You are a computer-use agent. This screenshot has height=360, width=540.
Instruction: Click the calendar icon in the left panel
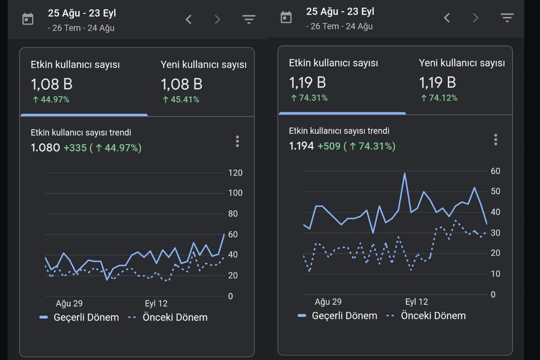[28, 19]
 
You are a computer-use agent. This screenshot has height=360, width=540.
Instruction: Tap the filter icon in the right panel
[507, 18]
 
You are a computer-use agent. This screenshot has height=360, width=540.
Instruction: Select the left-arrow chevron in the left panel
[189, 19]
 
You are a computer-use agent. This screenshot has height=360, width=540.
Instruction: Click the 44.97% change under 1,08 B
[51, 99]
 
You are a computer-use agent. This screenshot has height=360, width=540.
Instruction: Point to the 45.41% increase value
[181, 99]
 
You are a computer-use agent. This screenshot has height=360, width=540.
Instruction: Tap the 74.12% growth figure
[439, 98]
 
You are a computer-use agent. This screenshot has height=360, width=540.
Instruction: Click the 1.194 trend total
[301, 146]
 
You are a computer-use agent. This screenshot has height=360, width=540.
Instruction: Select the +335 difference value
[75, 148]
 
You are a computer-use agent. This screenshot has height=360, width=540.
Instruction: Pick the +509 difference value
[329, 146]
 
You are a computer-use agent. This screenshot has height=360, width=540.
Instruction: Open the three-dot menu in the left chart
[238, 141]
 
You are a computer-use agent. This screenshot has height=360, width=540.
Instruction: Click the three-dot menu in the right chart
[495, 139]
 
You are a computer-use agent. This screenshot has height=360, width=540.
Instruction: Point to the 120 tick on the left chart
[235, 173]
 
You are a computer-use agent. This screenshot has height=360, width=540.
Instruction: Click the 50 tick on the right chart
[495, 191]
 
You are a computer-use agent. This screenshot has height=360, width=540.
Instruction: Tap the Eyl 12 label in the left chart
[156, 303]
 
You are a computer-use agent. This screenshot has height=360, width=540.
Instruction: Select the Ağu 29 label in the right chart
[328, 301]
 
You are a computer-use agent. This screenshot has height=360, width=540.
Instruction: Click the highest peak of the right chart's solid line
[405, 173]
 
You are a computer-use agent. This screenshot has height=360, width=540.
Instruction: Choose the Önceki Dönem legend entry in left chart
[168, 317]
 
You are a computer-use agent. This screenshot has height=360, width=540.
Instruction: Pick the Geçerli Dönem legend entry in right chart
[337, 315]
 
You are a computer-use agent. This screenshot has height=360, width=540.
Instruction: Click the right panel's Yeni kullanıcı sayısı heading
[462, 63]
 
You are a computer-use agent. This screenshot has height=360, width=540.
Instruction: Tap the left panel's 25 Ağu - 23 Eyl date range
[82, 13]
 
